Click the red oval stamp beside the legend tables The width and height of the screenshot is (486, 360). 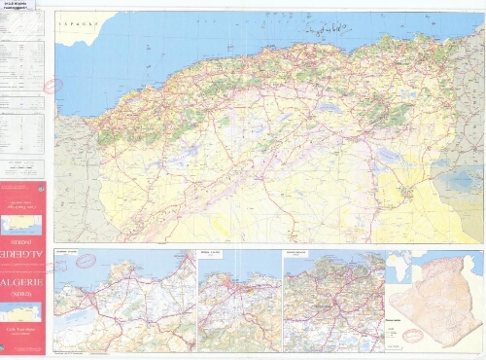coord(52,85)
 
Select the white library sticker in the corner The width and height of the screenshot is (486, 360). coord(18,5)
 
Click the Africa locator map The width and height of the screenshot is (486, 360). coord(399,265)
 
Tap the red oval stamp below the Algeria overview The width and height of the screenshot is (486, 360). coord(413,335)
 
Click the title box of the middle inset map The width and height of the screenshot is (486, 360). coord(212,252)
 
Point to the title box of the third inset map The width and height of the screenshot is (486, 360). coord(296,252)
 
